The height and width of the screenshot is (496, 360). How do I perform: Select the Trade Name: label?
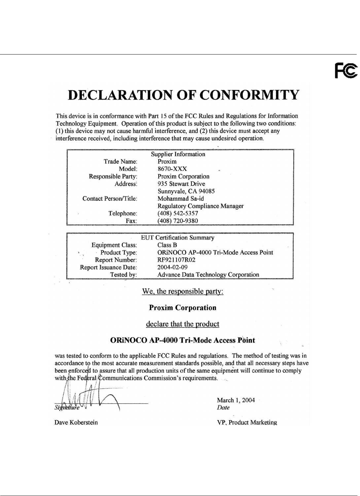pos(120,162)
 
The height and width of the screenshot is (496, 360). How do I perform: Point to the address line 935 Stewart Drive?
pos(181,184)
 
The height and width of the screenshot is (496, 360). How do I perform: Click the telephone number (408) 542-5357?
pos(178,213)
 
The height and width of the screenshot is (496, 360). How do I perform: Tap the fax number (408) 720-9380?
pos(178,221)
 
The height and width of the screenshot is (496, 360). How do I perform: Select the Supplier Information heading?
pos(178,154)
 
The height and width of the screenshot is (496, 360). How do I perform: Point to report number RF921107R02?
pos(176,260)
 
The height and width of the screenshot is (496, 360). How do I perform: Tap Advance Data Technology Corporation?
pos(208,275)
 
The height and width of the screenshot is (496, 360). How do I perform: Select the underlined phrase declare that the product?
pos(183,324)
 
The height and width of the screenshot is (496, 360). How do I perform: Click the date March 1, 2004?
pos(235,400)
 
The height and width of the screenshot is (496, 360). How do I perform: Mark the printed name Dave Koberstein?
pos(76,422)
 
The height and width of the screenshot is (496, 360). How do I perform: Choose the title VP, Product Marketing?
pos(246,422)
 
